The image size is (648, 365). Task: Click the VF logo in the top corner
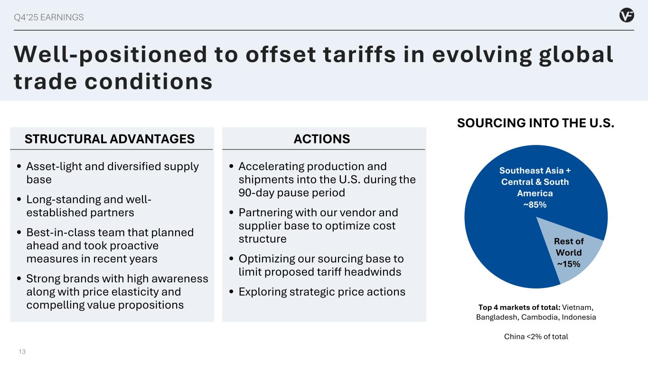coord(627,16)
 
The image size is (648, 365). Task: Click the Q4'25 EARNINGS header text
coord(49,18)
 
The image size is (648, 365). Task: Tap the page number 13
coord(22,352)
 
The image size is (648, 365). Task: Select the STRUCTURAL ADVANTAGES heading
coord(110,139)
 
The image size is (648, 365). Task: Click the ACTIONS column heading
coord(322,139)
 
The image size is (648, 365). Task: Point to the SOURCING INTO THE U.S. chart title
coord(535,124)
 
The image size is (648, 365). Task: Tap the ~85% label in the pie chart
coord(535,205)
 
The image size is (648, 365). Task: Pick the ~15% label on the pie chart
coord(568,264)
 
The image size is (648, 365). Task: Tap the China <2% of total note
coord(535,336)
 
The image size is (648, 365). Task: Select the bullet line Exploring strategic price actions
coord(321,292)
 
